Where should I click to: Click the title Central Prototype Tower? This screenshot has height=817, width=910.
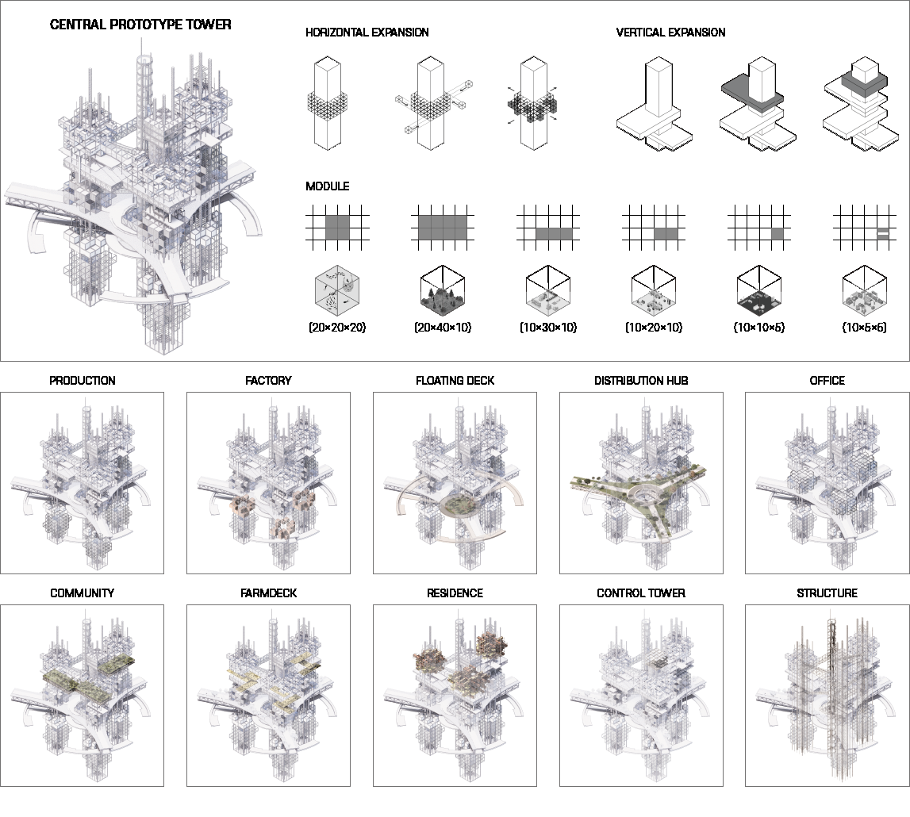pos(140,25)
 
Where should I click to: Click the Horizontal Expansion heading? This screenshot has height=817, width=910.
pos(367,33)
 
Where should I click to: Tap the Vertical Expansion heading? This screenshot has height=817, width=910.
pos(671,33)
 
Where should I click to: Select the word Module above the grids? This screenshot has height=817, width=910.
pos(328,186)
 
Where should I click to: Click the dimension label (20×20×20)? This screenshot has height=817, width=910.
pos(337,328)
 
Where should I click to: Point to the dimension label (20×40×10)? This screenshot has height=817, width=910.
pos(443,328)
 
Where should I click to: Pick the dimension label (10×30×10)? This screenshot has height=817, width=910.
pos(548,328)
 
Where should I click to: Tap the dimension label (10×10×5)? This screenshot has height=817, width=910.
pos(759,328)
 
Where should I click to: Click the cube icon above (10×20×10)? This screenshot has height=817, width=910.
pos(654,290)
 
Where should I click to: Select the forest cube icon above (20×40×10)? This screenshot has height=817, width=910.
pos(443,290)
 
